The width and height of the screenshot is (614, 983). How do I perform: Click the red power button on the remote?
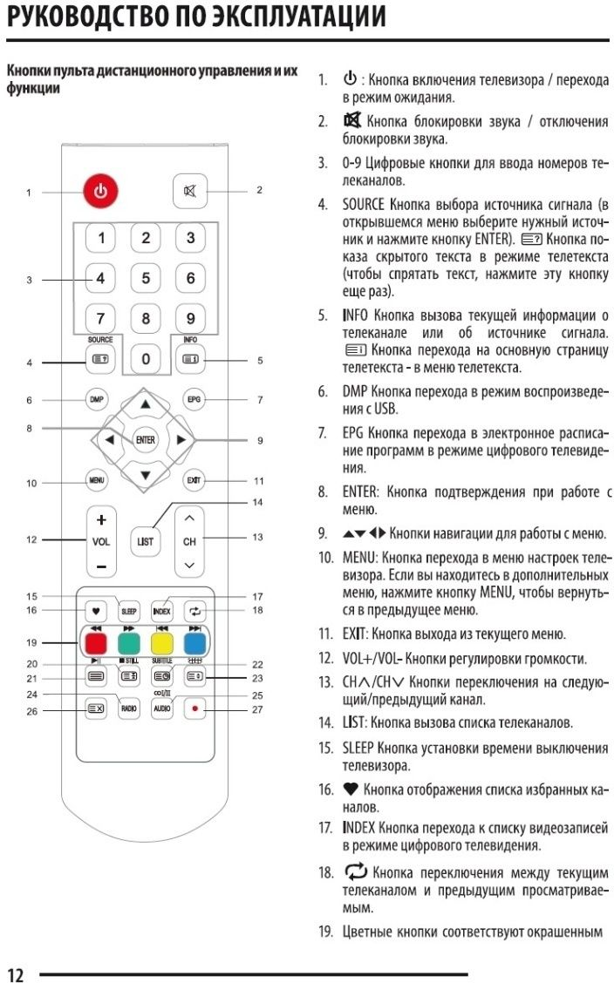[101, 192]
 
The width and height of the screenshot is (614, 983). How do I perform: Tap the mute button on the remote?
[189, 190]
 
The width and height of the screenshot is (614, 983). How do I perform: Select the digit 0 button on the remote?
[146, 357]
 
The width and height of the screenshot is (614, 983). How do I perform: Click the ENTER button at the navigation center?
[145, 439]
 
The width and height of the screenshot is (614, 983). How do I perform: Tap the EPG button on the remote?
[193, 400]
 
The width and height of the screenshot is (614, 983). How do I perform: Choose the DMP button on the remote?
[97, 400]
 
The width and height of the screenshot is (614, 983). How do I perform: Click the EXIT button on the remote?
[193, 480]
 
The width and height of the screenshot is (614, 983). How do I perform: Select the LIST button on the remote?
[145, 541]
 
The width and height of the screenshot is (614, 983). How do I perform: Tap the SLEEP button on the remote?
[129, 610]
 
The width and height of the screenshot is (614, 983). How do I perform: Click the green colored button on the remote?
[128, 643]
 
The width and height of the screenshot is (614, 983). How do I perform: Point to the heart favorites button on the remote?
[96, 610]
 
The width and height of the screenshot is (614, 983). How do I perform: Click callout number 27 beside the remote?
[257, 710]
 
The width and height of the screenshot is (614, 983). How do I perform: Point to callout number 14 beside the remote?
[257, 503]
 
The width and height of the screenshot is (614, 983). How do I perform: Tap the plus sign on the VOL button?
[101, 520]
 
